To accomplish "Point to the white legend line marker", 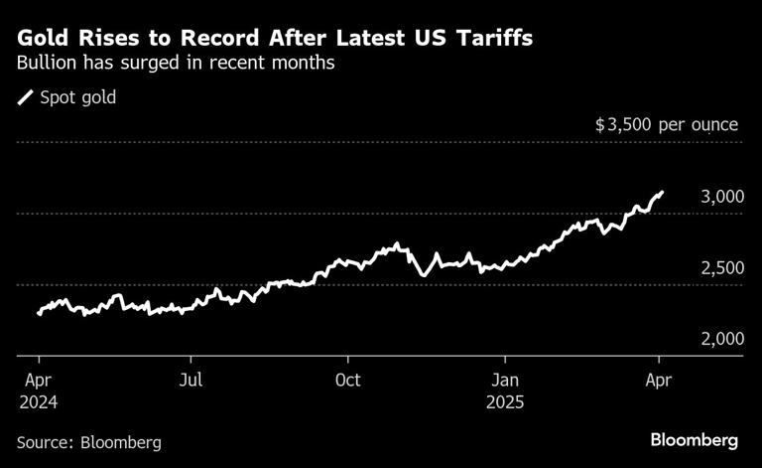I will click(x=26, y=97).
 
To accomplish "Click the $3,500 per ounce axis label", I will click(x=666, y=125).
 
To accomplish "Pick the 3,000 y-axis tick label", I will click(x=721, y=197).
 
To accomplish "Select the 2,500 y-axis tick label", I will click(x=721, y=268).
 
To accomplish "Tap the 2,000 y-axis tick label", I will click(x=721, y=339).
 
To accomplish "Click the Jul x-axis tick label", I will click(x=192, y=381).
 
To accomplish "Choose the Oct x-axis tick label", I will click(x=348, y=381).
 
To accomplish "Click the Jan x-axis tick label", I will click(x=506, y=381).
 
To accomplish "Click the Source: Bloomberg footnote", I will click(x=88, y=441).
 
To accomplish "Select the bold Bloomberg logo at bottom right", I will click(x=694, y=439).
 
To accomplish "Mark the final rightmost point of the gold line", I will click(x=662, y=193).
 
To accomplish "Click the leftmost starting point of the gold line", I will click(x=39, y=313).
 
